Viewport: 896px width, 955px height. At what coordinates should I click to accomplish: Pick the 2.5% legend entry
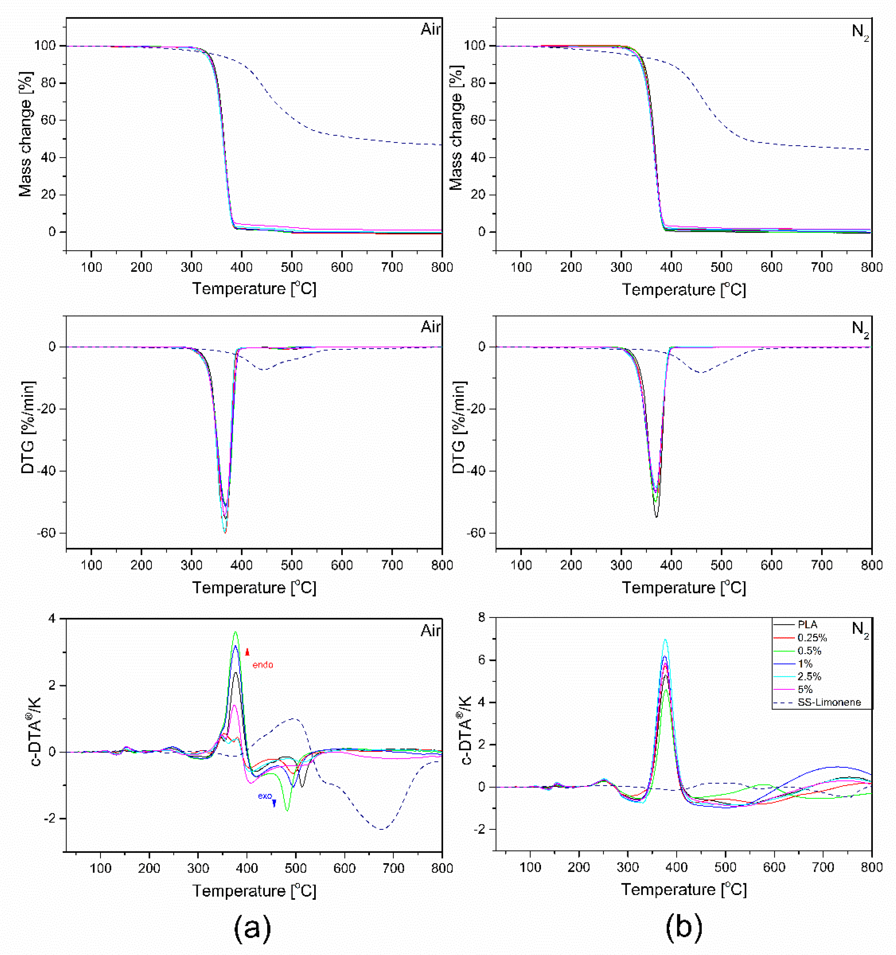pyautogui.click(x=809, y=676)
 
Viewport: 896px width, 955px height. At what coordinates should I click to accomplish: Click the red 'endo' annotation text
pyautogui.click(x=263, y=665)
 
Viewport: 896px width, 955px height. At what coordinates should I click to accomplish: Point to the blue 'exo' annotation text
pyautogui.click(x=265, y=796)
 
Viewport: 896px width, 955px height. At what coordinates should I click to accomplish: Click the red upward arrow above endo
pyautogui.click(x=247, y=652)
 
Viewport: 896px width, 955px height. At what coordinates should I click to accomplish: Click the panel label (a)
pyautogui.click(x=253, y=927)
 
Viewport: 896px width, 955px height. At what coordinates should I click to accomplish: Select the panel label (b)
pyautogui.click(x=684, y=927)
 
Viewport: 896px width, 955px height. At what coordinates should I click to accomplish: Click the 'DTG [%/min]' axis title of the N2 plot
pyautogui.click(x=459, y=428)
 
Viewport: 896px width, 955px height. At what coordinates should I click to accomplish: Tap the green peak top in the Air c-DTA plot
pyautogui.click(x=235, y=632)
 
